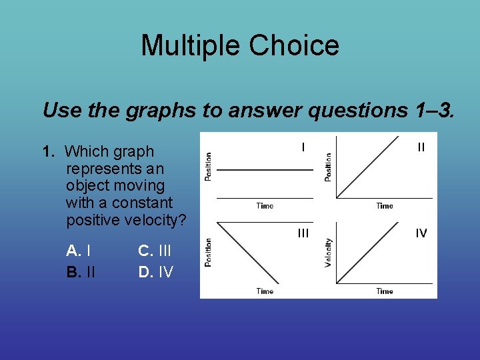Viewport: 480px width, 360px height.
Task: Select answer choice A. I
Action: point(79,251)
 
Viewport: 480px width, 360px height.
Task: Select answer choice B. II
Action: point(81,272)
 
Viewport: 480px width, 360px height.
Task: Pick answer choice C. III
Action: point(155,251)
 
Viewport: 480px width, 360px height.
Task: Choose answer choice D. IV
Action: point(155,272)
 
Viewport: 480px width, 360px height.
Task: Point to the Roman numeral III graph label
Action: point(303,233)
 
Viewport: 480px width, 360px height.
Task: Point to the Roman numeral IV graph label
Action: point(421,233)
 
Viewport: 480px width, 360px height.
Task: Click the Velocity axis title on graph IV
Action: point(328,253)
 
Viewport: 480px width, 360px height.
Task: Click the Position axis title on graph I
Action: point(208,166)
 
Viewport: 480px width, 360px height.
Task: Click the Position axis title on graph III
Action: point(208,253)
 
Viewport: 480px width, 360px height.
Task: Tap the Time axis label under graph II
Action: point(385,206)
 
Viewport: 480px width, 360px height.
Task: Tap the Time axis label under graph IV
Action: point(385,291)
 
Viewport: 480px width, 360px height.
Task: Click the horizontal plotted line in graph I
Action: point(265,171)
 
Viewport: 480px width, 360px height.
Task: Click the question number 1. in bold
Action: point(49,152)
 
